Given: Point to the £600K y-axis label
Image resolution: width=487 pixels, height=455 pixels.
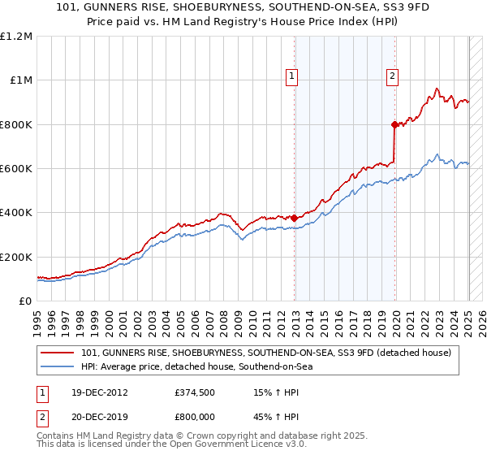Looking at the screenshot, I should [x=16, y=169].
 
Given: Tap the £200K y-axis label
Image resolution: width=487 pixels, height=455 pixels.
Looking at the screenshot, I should [x=16, y=257].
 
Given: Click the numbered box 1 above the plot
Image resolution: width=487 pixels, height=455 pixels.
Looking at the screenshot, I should [x=291, y=77].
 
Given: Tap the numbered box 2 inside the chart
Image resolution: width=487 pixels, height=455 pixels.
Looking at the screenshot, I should [x=392, y=77].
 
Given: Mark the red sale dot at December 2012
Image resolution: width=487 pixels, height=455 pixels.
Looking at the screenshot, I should [x=294, y=219].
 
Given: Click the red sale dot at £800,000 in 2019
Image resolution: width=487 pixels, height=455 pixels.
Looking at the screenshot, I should [x=394, y=124].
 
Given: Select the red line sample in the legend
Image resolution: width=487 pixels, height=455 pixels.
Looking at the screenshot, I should [x=58, y=353].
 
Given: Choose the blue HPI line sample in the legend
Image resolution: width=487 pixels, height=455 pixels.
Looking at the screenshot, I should [x=58, y=367].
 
